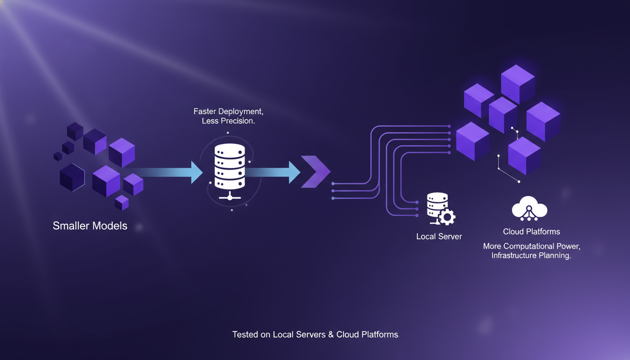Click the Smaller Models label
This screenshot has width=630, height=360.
click(90, 225)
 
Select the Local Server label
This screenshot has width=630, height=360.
click(439, 237)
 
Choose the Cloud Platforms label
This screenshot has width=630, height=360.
click(531, 232)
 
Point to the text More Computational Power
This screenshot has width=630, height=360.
click(531, 246)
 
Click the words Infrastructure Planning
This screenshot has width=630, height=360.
click(531, 256)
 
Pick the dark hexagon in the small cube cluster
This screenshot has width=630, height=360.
click(72, 178)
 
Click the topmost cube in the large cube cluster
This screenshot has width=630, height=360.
click(517, 83)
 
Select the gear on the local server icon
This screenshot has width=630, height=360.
click(447, 217)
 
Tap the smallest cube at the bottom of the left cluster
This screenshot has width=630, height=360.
click(122, 202)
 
